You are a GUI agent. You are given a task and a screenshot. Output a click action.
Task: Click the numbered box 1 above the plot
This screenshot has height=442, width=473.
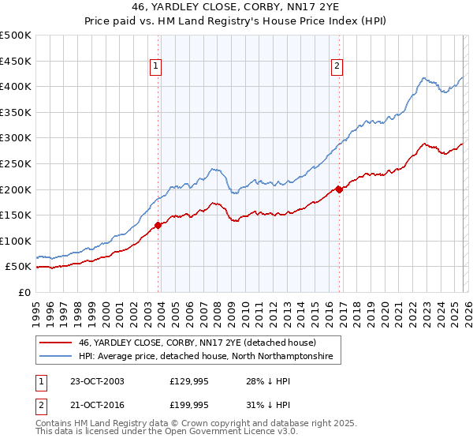[x=156, y=66]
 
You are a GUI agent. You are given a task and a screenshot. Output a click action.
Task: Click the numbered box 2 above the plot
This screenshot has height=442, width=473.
[x=337, y=66]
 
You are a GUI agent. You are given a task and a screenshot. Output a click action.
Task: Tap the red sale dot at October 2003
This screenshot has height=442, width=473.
[x=158, y=225]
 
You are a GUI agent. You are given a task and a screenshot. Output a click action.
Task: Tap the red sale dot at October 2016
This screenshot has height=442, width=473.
[x=339, y=189]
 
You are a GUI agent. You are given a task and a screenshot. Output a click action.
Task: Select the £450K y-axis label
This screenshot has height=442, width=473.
[x=16, y=60]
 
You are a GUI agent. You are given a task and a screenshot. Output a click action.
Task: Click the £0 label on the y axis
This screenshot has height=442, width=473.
[x=24, y=292]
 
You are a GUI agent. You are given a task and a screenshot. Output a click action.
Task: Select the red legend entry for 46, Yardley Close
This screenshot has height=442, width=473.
[x=196, y=343]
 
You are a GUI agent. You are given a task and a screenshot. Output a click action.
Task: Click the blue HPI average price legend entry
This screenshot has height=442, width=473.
[x=206, y=357]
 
